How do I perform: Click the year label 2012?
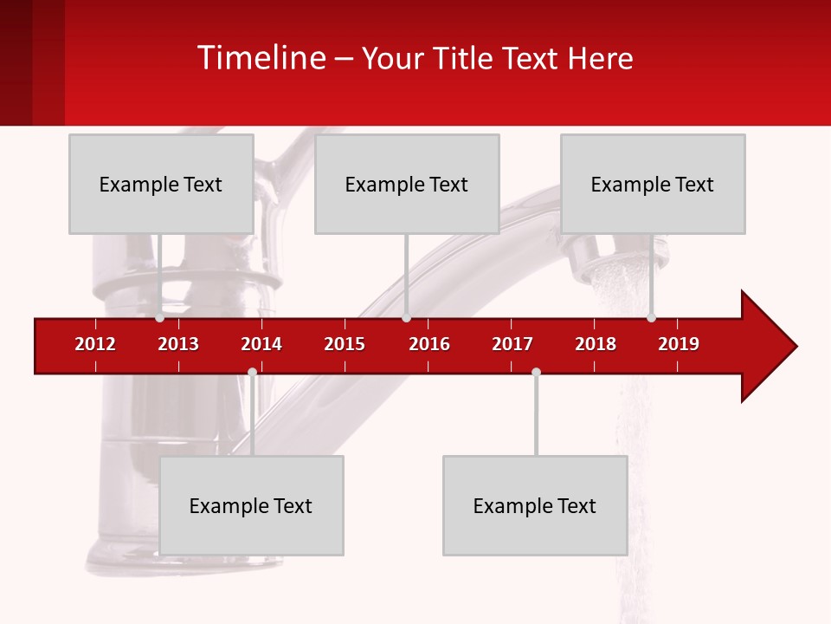pyautogui.click(x=95, y=344)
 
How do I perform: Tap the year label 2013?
pyautogui.click(x=178, y=344)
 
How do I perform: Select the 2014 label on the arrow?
pyautogui.click(x=261, y=344)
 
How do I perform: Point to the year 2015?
pyautogui.click(x=345, y=344)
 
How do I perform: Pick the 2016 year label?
pyautogui.click(x=429, y=344)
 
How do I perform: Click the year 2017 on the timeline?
pyautogui.click(x=512, y=344)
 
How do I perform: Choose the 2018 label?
pyautogui.click(x=596, y=344)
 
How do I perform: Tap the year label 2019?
pyautogui.click(x=679, y=344)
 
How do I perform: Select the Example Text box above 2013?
pyautogui.click(x=161, y=184)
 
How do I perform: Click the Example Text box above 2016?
pyautogui.click(x=407, y=184)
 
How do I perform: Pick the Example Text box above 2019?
pyautogui.click(x=653, y=184)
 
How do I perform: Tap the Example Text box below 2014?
pyautogui.click(x=251, y=505)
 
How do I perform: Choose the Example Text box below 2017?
pyautogui.click(x=535, y=505)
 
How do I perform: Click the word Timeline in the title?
pyautogui.click(x=260, y=58)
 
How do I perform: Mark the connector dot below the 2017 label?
pyautogui.click(x=536, y=372)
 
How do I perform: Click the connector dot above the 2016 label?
pyautogui.click(x=406, y=318)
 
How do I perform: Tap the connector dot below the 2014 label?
pyautogui.click(x=252, y=372)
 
